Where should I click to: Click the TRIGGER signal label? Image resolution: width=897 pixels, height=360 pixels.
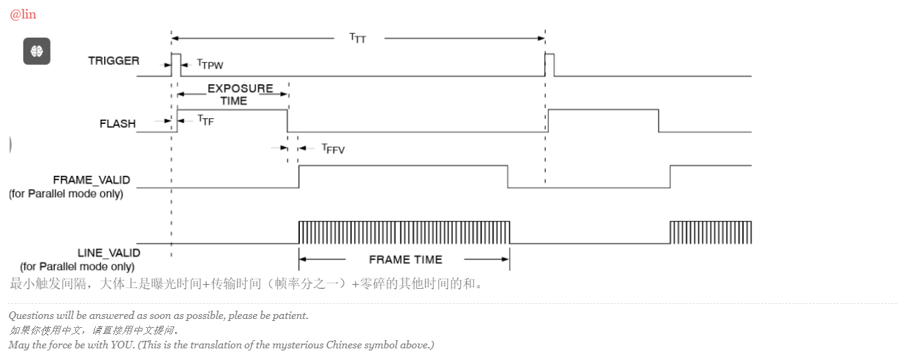[114, 61]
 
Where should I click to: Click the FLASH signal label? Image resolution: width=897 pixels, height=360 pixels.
[118, 124]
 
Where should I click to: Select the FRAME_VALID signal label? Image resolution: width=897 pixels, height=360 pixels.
[91, 180]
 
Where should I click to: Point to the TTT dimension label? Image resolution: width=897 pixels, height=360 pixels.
[357, 38]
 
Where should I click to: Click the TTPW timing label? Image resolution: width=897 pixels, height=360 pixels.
[210, 64]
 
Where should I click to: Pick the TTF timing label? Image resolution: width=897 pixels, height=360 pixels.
[205, 120]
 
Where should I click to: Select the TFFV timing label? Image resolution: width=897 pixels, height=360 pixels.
[333, 148]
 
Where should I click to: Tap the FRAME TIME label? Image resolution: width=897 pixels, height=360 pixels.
[405, 259]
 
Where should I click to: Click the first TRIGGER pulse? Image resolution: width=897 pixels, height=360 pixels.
[175, 64]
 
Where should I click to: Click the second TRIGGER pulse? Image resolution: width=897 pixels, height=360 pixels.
[549, 64]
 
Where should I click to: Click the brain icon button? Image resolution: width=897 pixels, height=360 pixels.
[37, 51]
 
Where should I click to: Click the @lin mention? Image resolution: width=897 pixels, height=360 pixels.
[23, 14]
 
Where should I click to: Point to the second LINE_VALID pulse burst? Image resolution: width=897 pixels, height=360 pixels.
[710, 233]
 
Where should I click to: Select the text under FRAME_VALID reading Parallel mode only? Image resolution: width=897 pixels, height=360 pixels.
[66, 194]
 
